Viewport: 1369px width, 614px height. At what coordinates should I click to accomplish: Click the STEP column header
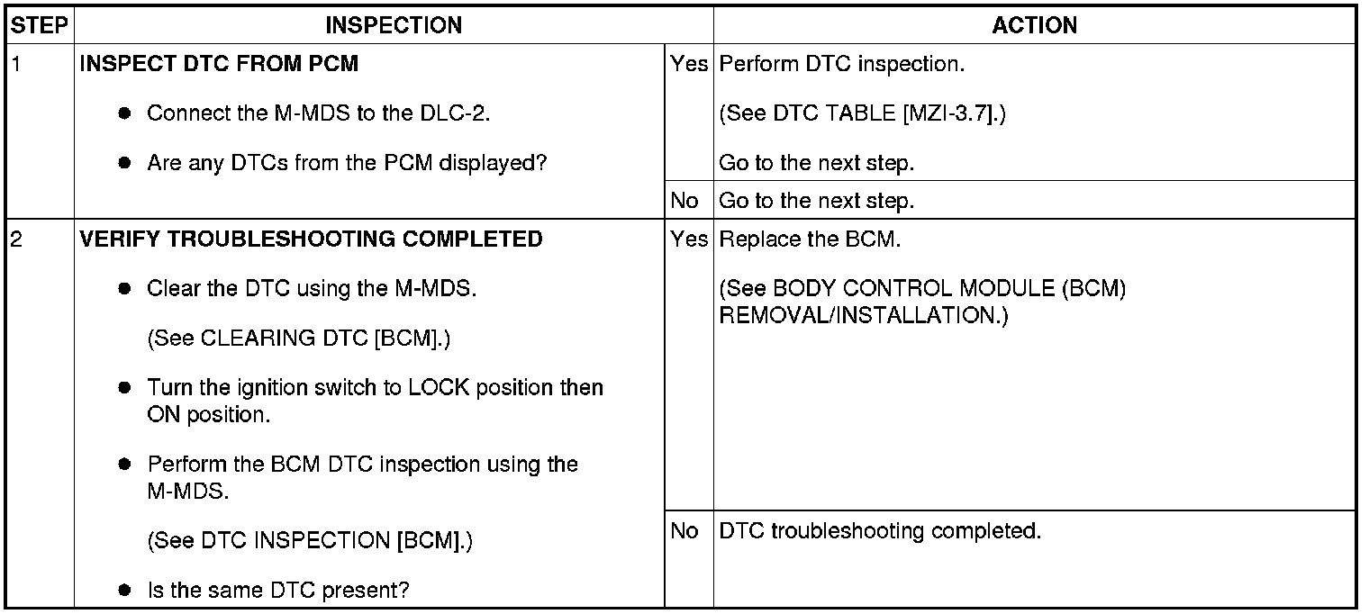[x=39, y=25]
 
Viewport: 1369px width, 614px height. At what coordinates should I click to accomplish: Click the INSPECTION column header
[x=394, y=25]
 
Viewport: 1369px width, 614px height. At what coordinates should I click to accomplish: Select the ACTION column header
[x=1034, y=25]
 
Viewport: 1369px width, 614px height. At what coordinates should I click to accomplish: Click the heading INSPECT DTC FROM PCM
[x=219, y=65]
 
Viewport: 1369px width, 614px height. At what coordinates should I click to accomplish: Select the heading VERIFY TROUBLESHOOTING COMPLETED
[x=312, y=239]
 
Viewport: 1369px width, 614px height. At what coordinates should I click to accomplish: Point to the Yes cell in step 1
[x=689, y=65]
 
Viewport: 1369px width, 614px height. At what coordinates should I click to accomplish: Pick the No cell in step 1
[x=684, y=201]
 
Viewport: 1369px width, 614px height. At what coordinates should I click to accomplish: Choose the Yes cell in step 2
[x=689, y=239]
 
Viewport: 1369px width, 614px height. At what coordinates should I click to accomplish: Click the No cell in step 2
[x=684, y=531]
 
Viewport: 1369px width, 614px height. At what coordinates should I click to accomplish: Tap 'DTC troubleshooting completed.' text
[x=881, y=531]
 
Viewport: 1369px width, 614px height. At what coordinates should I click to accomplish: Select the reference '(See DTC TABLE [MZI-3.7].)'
[x=863, y=115]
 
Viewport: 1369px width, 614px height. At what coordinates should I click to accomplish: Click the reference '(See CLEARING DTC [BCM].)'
[x=298, y=339]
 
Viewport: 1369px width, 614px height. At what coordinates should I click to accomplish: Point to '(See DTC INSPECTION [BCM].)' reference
[x=310, y=541]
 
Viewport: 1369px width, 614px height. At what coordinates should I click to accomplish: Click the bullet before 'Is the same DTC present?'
[x=126, y=591]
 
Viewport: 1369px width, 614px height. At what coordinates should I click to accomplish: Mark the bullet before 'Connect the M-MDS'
[x=126, y=114]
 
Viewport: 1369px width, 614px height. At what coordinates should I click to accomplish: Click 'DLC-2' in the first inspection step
[x=459, y=114]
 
